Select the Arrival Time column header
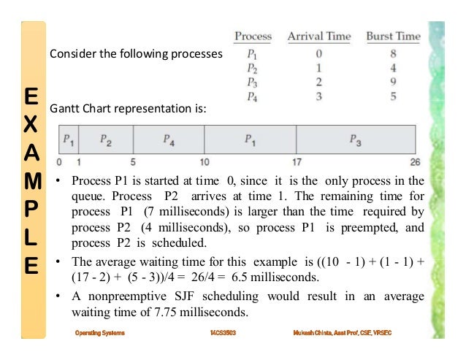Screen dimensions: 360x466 [319, 37]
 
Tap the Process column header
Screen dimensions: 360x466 [253, 37]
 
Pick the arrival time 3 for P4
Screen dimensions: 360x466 [319, 95]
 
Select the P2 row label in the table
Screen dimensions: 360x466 [253, 67]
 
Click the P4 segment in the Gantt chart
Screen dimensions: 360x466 [168, 138]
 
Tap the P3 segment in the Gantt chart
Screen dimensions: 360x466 [355, 138]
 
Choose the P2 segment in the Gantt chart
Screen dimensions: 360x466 [105, 138]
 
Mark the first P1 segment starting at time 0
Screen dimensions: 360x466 [68, 138]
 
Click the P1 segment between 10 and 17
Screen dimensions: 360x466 [250, 138]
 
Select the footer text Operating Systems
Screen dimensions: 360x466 [99, 332]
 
